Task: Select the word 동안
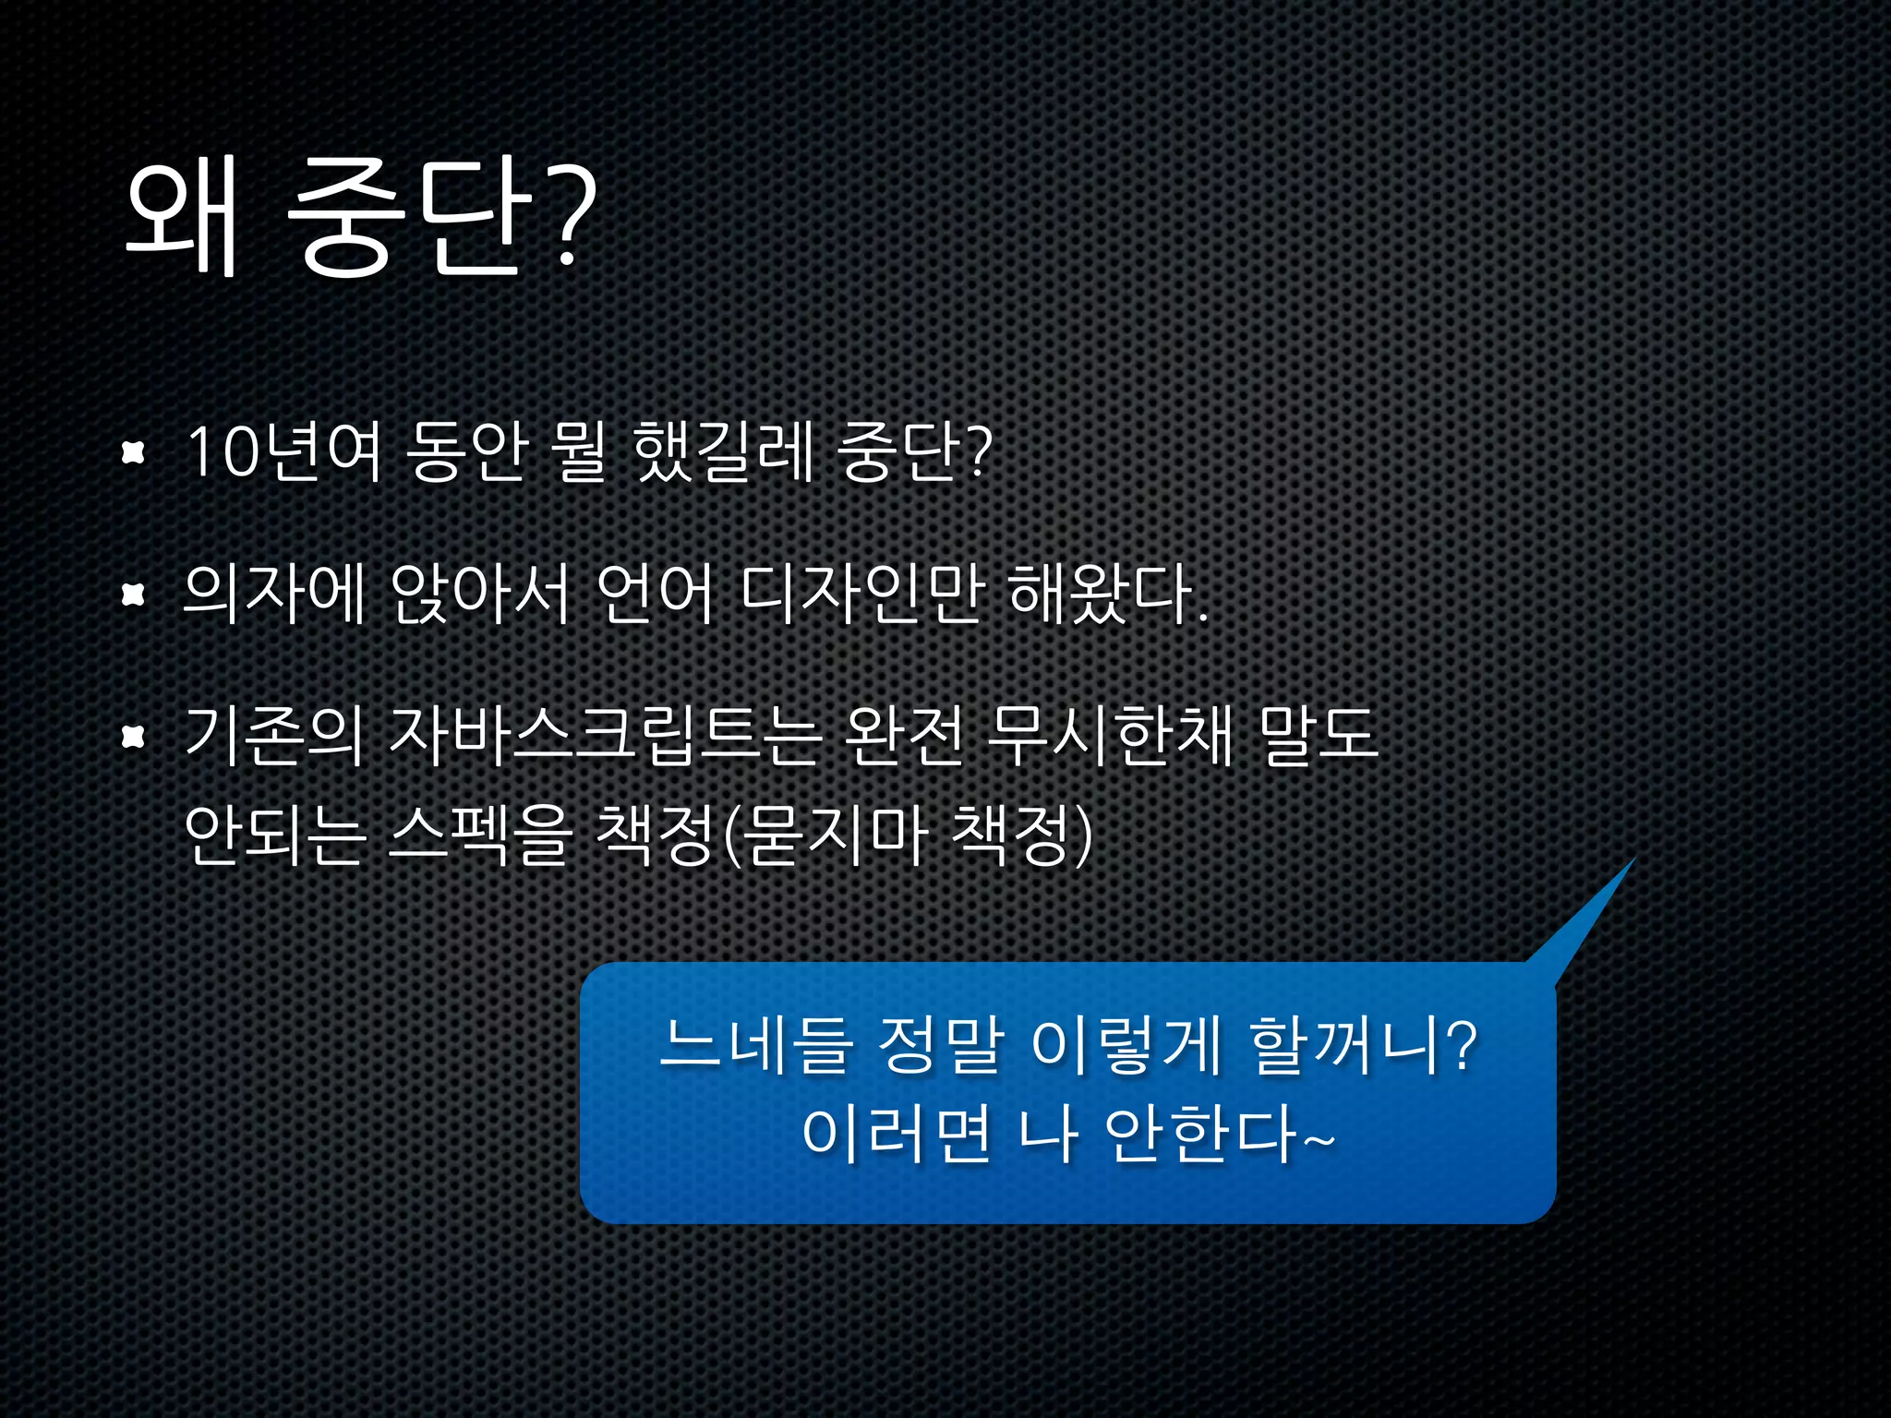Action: (464, 451)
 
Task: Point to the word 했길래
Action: (723, 451)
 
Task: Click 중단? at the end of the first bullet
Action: (914, 451)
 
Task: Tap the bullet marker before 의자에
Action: (135, 595)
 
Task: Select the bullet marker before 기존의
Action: (135, 737)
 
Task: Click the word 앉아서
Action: (480, 594)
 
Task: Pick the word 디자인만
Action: (860, 594)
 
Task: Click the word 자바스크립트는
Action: (605, 736)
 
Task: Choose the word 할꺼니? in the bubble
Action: (1363, 1047)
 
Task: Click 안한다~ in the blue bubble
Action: (1219, 1135)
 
